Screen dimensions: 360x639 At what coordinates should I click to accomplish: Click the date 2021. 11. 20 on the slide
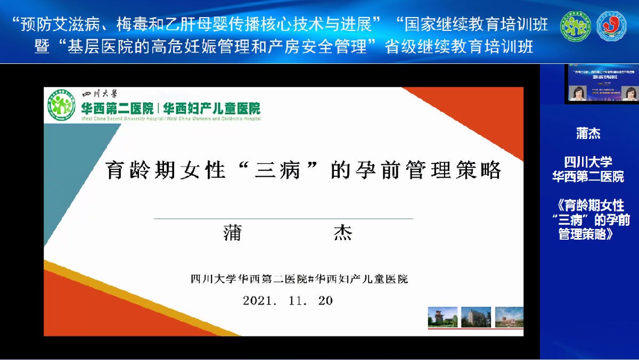coord(288,300)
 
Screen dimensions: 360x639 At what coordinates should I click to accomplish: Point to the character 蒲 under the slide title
coord(233,233)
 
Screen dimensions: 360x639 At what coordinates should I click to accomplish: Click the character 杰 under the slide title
coord(343,233)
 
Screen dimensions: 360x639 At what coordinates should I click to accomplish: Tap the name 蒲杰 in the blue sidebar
coord(588,133)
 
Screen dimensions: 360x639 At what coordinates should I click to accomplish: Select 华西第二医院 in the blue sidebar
coord(588,176)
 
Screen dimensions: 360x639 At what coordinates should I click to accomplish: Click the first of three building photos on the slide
coord(443,317)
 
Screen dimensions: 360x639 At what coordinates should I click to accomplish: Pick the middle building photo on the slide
coord(476,317)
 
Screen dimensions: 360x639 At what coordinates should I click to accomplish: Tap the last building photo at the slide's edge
coord(509,317)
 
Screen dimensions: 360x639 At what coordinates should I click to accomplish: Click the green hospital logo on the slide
coord(60,104)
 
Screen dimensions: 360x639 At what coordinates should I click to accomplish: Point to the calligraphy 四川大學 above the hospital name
coord(96,94)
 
